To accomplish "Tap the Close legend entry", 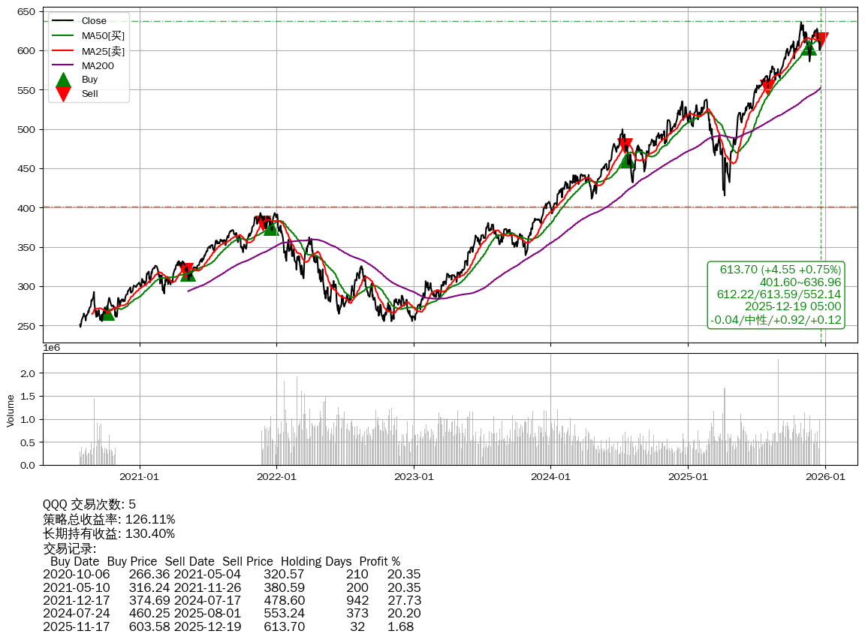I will [x=94, y=21].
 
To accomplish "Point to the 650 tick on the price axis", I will [x=27, y=12].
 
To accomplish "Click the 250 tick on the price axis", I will [x=27, y=326].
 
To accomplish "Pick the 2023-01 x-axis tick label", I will [x=414, y=475].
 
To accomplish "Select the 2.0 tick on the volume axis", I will [x=29, y=373].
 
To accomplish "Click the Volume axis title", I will [x=11, y=411].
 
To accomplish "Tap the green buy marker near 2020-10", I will [x=108, y=312].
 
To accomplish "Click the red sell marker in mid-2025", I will [x=767, y=86].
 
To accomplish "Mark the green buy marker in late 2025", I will [x=809, y=47].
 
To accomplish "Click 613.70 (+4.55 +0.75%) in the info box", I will [x=780, y=270].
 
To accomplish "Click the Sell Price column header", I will [x=248, y=562].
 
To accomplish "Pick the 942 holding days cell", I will [x=357, y=600].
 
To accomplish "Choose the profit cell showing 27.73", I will [x=404, y=600].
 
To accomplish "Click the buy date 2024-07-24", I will [x=76, y=613].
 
